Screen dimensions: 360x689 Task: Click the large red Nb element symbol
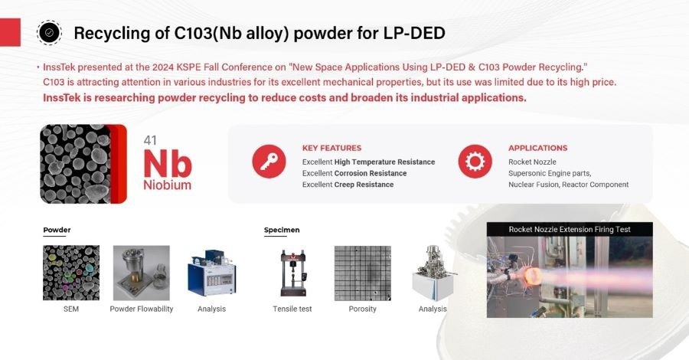[x=167, y=162]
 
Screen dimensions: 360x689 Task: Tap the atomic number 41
[x=151, y=140]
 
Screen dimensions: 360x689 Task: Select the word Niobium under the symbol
[x=167, y=185]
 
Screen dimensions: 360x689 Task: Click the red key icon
[x=269, y=162]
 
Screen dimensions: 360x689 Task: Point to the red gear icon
[x=475, y=162]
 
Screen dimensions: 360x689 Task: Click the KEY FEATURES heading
[x=331, y=148]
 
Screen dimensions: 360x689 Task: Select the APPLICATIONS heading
[x=537, y=148]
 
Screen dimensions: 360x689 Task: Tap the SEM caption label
[x=71, y=309]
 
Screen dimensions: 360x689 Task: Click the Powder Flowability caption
[x=142, y=309]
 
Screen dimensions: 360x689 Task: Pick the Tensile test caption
[x=292, y=309]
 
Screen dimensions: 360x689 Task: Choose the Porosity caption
[x=363, y=309]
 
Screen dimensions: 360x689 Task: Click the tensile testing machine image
[x=292, y=273]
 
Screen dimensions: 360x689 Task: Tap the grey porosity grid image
[x=363, y=273]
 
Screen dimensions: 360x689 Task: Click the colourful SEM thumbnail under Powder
[x=71, y=273]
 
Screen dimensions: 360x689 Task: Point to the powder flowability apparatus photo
[x=142, y=273]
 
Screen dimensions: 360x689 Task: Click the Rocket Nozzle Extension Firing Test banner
[x=570, y=229]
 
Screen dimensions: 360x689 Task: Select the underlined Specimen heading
[x=282, y=230]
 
